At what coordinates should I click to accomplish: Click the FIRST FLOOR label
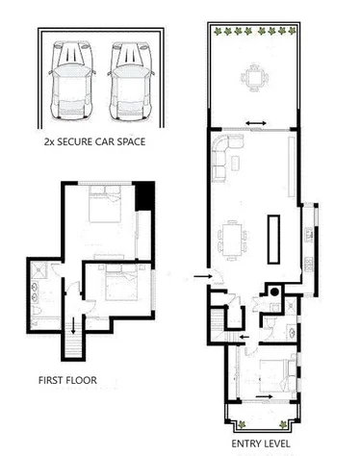tap(66, 380)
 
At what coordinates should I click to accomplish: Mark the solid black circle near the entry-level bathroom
tap(273, 291)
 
